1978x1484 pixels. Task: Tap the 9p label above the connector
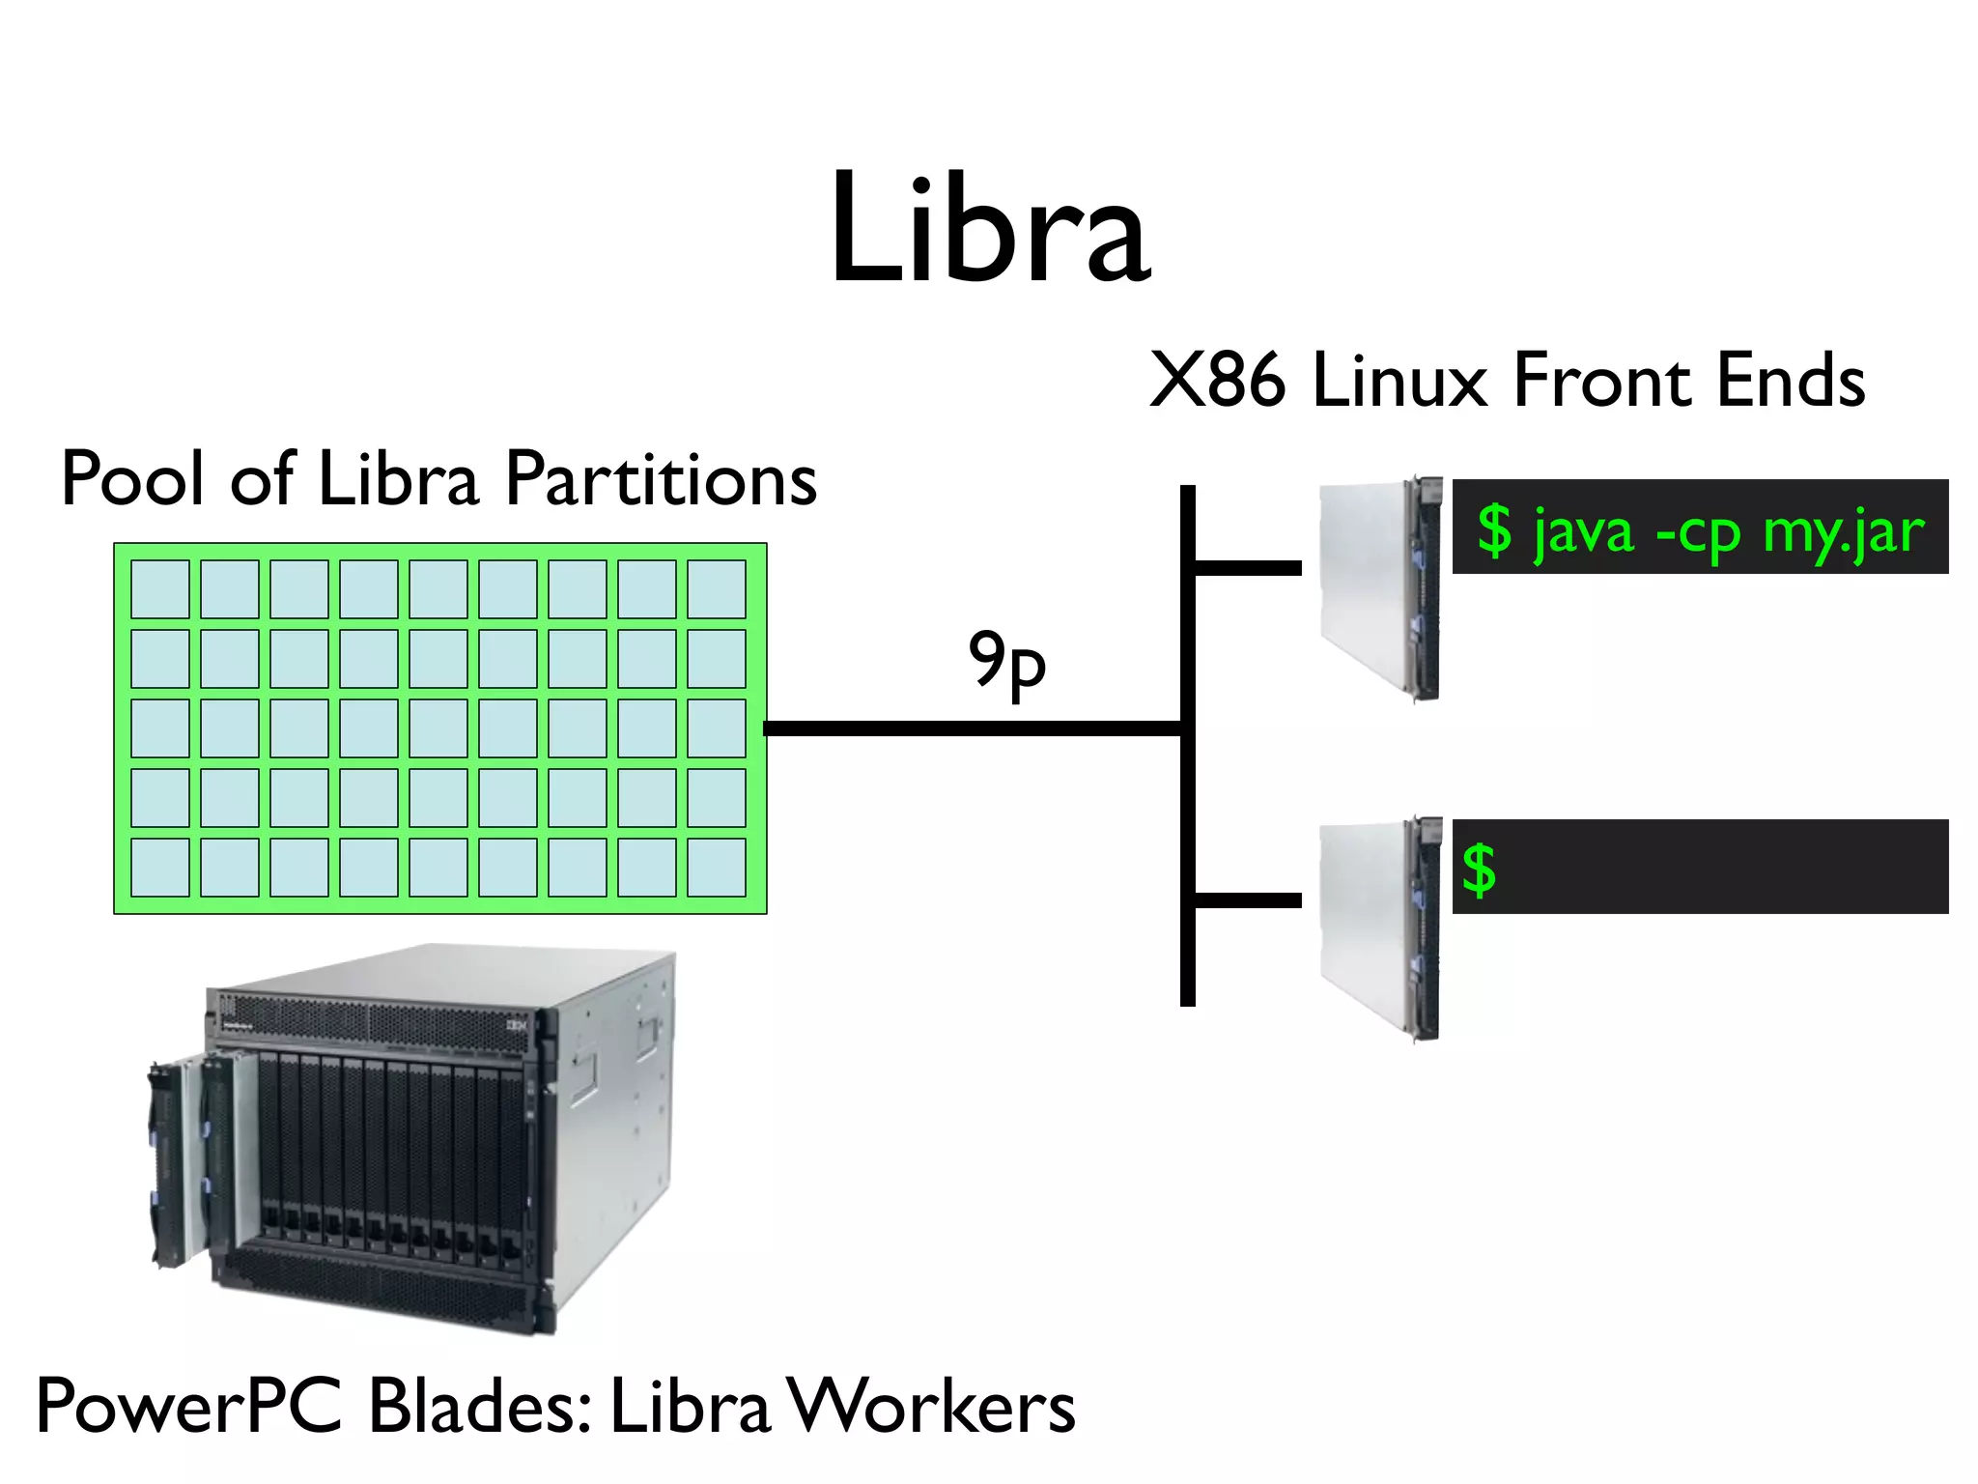(x=1006, y=662)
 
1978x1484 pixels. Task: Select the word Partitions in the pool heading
(x=662, y=480)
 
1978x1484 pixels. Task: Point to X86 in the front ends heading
(x=1217, y=381)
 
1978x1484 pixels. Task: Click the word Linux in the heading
(x=1399, y=381)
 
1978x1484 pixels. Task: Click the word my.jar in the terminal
(x=1843, y=532)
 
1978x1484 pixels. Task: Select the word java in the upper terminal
(x=1584, y=532)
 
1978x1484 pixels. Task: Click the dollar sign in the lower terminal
(x=1479, y=870)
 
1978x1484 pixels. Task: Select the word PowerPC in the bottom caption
(x=189, y=1407)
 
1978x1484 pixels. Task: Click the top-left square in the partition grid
(x=160, y=589)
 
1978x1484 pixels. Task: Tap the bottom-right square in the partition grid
(x=717, y=868)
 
